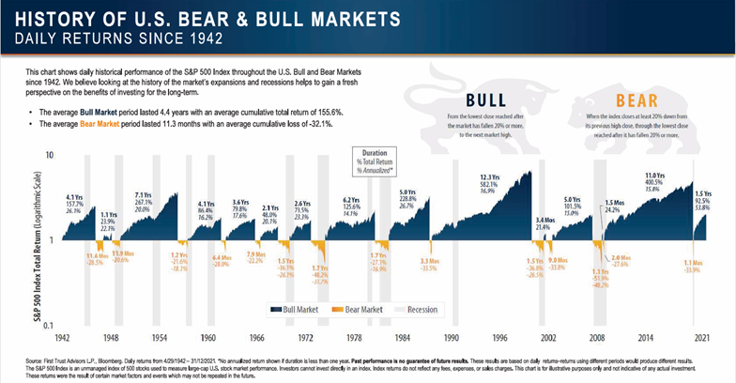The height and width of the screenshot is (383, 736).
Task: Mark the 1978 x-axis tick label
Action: click(x=355, y=336)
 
